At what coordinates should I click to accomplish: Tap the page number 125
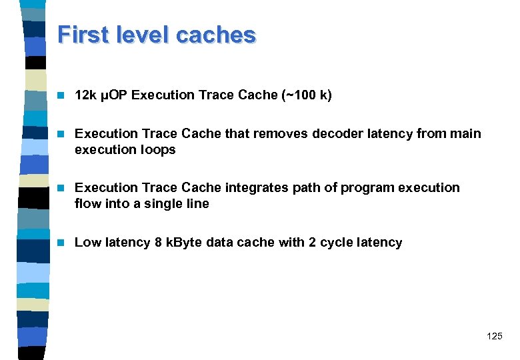tap(495, 336)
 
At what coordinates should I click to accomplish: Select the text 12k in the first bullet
tap(85, 95)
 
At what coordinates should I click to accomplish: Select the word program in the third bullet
tap(368, 187)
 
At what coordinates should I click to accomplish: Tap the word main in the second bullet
tap(465, 133)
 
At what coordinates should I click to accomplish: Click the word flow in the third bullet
tap(87, 204)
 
